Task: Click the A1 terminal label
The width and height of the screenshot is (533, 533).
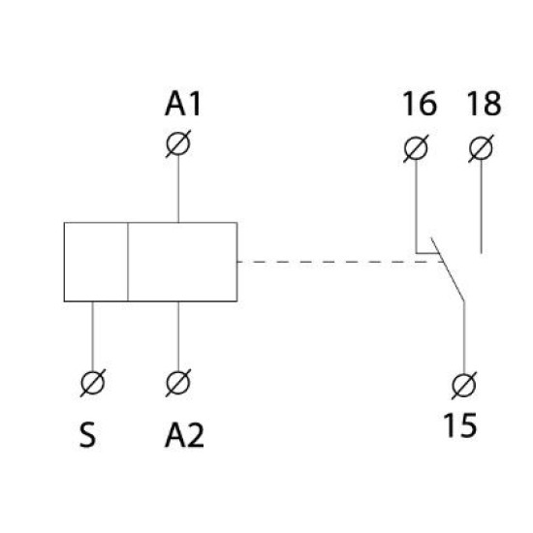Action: (x=183, y=104)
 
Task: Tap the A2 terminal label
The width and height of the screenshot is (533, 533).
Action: (x=184, y=436)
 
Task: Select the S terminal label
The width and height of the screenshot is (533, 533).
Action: (x=87, y=436)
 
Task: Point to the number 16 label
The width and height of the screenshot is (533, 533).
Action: (x=420, y=104)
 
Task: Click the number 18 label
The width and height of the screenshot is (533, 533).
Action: (x=484, y=104)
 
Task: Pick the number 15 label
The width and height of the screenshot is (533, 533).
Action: (x=460, y=424)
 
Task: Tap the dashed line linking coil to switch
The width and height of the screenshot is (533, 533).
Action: (x=340, y=262)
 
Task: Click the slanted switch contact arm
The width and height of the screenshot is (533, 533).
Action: (x=448, y=269)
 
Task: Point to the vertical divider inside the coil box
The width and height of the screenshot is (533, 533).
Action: (x=128, y=262)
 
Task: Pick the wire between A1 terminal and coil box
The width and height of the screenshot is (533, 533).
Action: (x=178, y=189)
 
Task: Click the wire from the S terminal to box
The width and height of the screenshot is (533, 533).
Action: (x=93, y=336)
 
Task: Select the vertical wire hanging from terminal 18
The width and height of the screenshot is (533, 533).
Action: (x=481, y=206)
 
